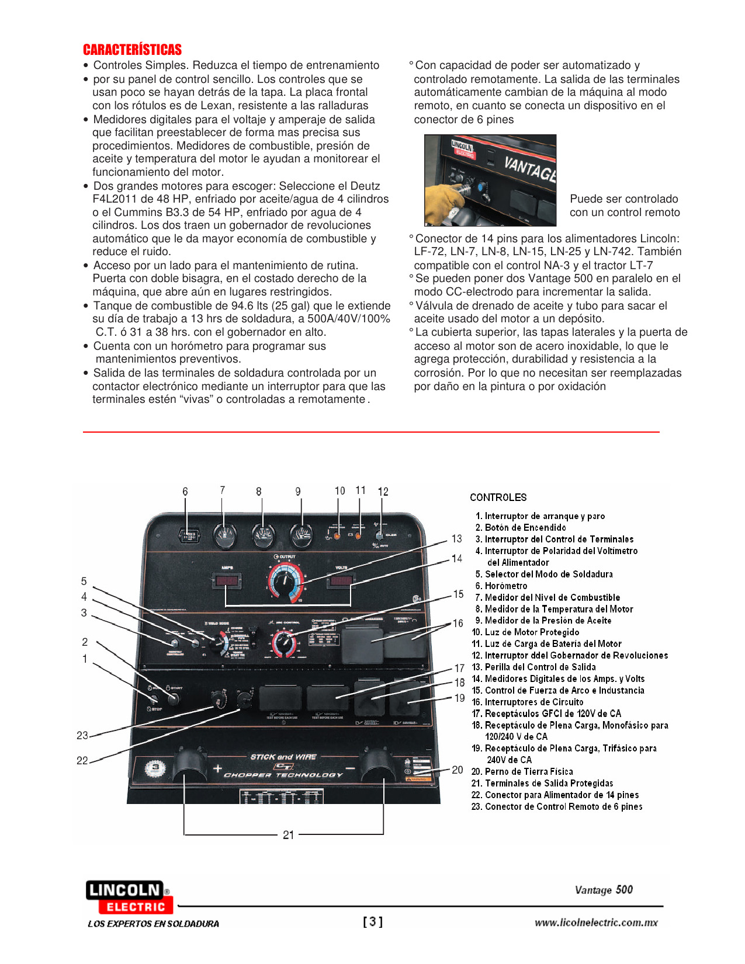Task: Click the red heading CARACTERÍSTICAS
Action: coord(132,50)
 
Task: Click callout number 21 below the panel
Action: coord(288,835)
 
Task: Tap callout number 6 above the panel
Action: coord(185,492)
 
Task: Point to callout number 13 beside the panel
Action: coord(456,538)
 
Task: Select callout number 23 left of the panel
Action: coord(82,735)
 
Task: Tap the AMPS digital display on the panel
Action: coord(227,580)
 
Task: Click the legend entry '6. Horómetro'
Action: coord(505,586)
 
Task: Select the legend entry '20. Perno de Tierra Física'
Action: coord(522,771)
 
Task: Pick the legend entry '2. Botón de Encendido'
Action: coord(521,527)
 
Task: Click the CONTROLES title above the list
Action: coord(498,497)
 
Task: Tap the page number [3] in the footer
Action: coord(373,922)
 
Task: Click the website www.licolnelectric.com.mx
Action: coord(595,923)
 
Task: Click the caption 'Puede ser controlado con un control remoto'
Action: coord(624,206)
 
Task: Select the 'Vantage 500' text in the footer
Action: coord(604,890)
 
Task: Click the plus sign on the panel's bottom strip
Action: coord(218,768)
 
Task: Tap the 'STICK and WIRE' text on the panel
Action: coord(283,757)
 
